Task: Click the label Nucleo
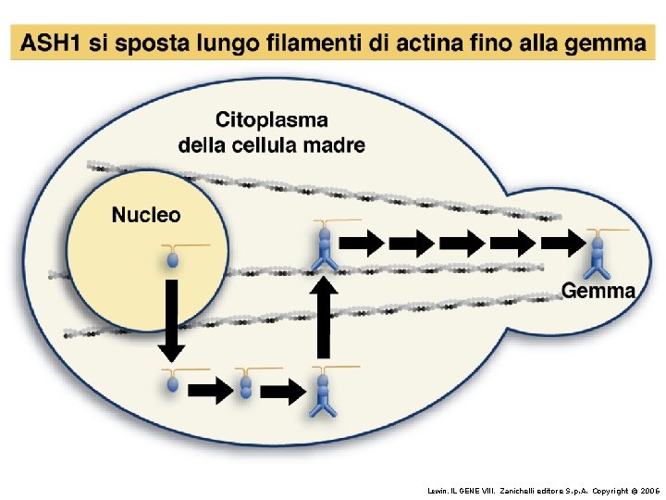pos(146,215)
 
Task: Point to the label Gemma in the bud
pos(598,290)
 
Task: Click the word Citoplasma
pos(271,119)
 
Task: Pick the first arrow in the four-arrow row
pos(361,244)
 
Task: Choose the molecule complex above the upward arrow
pos(323,248)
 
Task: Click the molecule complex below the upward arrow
pos(323,394)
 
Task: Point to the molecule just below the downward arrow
pos(172,382)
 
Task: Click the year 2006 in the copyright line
pos(650,489)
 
